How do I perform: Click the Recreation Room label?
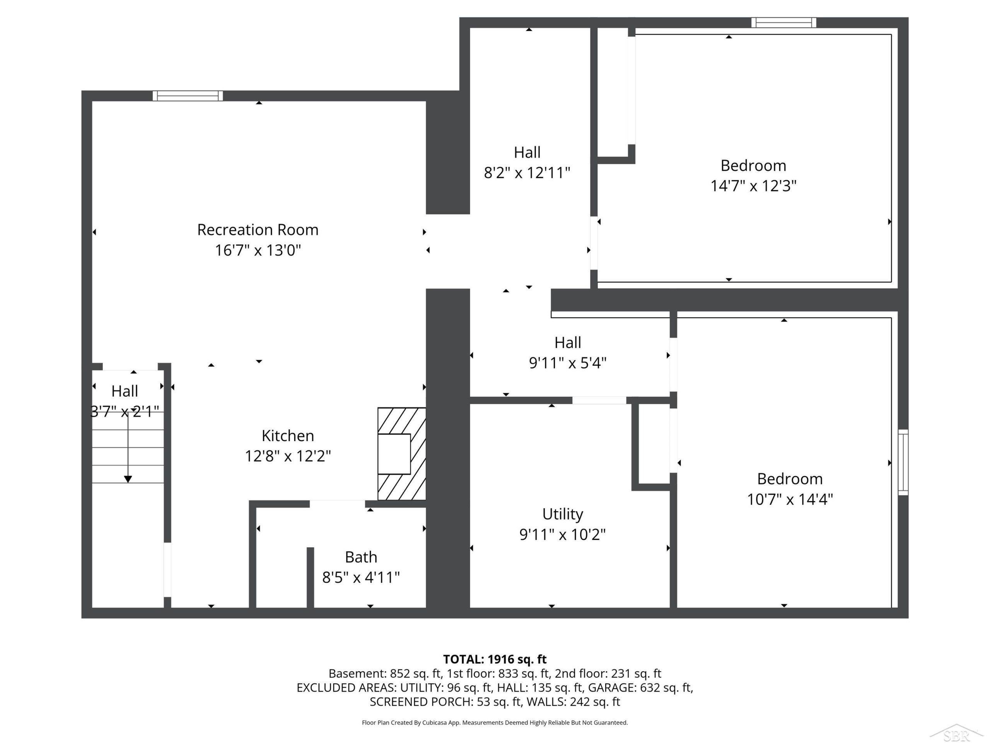pos(258,230)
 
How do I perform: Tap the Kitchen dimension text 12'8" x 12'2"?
pos(288,456)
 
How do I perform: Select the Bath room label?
pos(361,557)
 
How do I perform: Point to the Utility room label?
pos(563,514)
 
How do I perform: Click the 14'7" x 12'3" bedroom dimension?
pos(754,186)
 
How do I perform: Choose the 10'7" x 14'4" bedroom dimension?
pos(790,499)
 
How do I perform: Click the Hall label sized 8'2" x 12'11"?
pos(527,152)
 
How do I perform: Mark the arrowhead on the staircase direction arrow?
pos(128,479)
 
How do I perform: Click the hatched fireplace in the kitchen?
pos(401,454)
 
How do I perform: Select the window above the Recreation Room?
pos(188,96)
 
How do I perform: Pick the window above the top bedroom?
pos(783,22)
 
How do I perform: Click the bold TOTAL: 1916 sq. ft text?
pos(495,659)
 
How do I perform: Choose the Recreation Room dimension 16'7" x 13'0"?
pos(258,250)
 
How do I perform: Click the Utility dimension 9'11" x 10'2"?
pos(563,534)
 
